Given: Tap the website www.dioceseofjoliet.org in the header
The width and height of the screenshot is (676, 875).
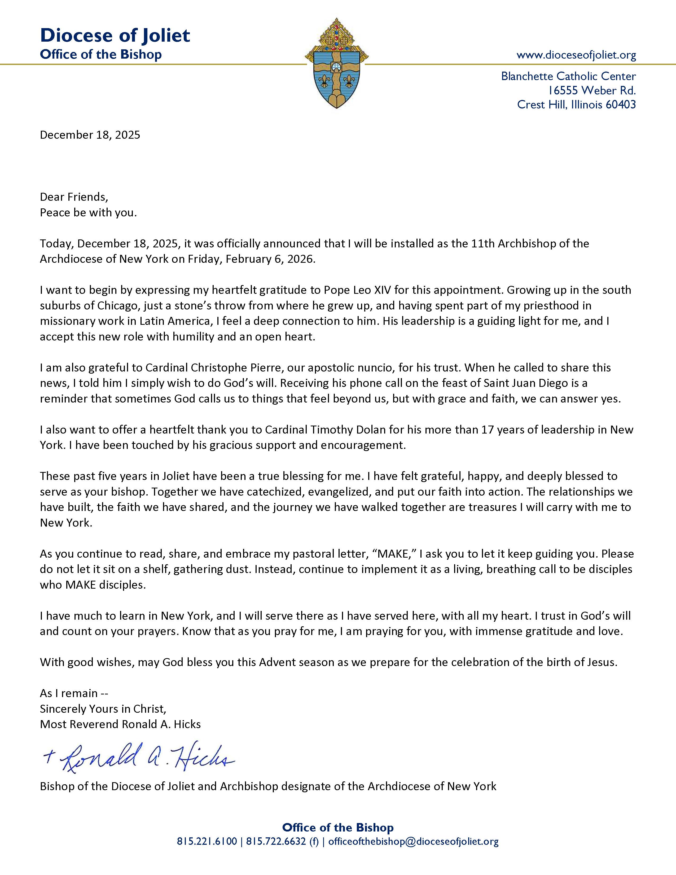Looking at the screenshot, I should (x=576, y=55).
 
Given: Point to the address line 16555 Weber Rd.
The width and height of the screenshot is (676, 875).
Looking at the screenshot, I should (x=592, y=90).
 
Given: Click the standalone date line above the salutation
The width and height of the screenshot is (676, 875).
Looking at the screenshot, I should (x=90, y=135).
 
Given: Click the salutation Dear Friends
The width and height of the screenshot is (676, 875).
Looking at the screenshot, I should (x=74, y=197).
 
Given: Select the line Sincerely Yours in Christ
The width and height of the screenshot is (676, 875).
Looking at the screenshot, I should (x=103, y=709).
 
